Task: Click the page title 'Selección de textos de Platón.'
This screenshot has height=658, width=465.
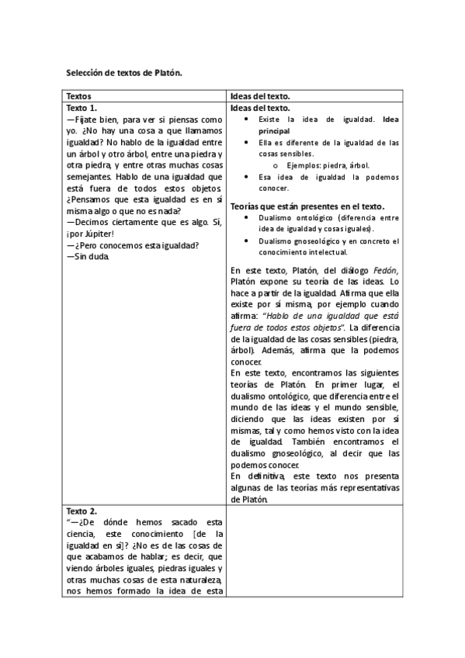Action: coord(124,73)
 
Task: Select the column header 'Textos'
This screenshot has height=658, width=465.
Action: coord(80,96)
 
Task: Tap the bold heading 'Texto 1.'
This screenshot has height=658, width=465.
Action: coord(82,108)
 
